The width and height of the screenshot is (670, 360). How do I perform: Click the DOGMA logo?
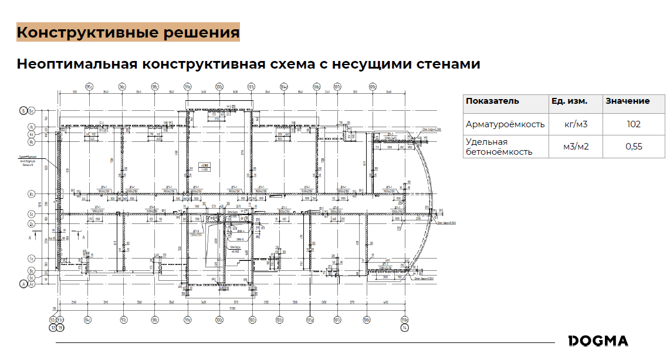click(x=598, y=341)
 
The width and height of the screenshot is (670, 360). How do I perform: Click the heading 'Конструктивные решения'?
click(x=128, y=32)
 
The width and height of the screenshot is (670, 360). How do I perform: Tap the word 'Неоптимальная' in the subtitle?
click(x=76, y=63)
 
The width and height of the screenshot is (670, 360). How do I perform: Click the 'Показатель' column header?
click(x=492, y=101)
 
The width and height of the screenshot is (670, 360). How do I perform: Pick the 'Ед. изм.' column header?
click(x=569, y=101)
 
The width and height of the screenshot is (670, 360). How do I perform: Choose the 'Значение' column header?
click(x=627, y=101)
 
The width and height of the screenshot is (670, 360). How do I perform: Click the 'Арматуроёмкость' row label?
click(x=505, y=124)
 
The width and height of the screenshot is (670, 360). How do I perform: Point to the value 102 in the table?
click(x=633, y=124)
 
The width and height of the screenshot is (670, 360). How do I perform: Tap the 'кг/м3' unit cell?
click(x=576, y=124)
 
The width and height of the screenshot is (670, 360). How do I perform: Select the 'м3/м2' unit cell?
click(x=576, y=147)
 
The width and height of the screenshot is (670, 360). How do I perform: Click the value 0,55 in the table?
click(x=634, y=147)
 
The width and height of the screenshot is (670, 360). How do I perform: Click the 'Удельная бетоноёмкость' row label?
click(x=499, y=147)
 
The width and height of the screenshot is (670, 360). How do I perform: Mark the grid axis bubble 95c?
click(x=90, y=87)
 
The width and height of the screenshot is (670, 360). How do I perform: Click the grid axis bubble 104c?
click(x=284, y=87)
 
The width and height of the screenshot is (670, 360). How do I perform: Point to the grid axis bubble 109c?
click(x=372, y=87)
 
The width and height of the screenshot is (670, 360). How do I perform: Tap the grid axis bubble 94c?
click(x=87, y=320)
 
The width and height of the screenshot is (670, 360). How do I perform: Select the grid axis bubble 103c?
click(x=280, y=320)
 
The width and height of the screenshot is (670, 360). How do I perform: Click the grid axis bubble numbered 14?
click(x=404, y=328)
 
